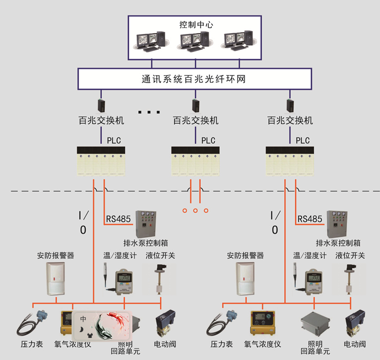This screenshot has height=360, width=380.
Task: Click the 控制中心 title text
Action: (x=196, y=24)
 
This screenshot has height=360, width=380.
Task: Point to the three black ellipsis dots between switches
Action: (x=149, y=112)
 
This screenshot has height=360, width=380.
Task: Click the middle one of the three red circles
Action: (x=195, y=210)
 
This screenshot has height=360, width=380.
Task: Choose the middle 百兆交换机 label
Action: (x=195, y=121)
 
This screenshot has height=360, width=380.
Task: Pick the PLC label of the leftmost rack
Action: (x=114, y=140)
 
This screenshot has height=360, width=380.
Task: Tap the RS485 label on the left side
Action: (x=118, y=219)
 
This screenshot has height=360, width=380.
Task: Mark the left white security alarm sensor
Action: (x=56, y=279)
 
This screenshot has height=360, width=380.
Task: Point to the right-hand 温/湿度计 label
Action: (x=310, y=256)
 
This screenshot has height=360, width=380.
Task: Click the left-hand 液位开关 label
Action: (x=160, y=256)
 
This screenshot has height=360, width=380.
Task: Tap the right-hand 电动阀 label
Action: (x=355, y=344)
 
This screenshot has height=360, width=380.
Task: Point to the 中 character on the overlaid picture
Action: (x=83, y=319)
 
